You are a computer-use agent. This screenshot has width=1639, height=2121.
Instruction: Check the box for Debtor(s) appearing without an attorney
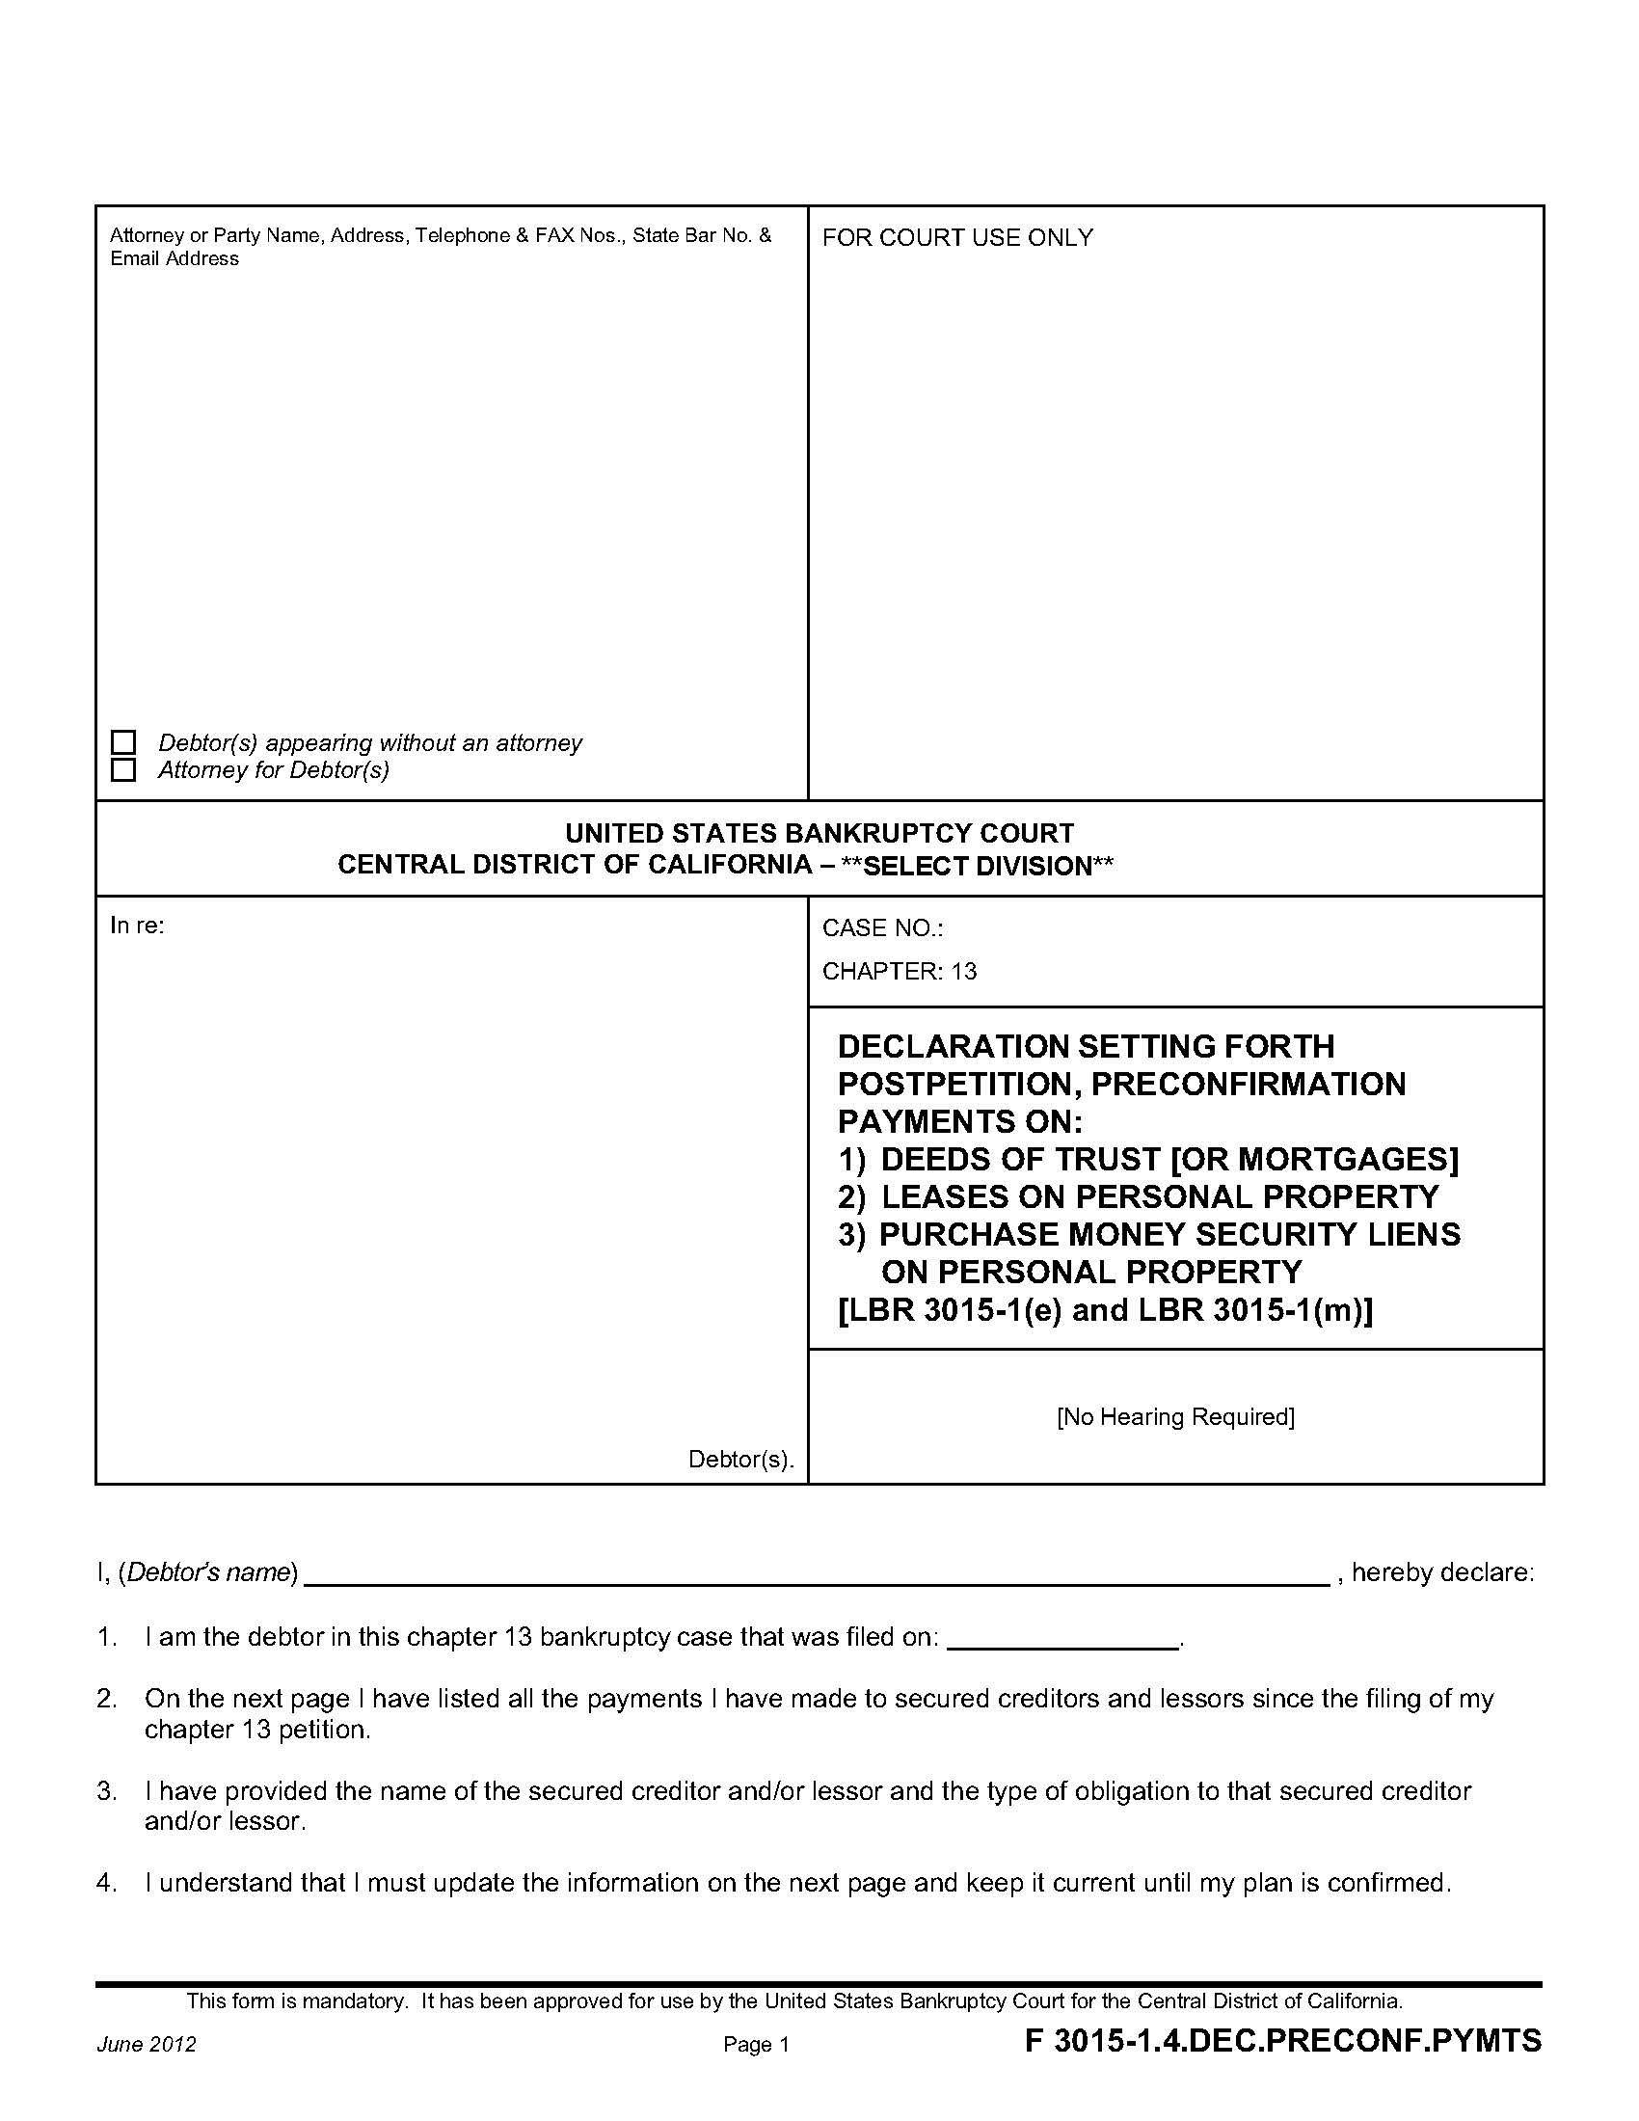pyautogui.click(x=123, y=743)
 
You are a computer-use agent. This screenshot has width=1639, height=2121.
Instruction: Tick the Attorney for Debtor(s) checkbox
pyautogui.click(x=123, y=770)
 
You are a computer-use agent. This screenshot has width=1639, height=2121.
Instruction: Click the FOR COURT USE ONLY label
pyautogui.click(x=957, y=238)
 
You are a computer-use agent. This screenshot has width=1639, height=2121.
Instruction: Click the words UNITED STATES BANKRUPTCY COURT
pyautogui.click(x=819, y=833)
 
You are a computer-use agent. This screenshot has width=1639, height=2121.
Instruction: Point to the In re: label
pyautogui.click(x=137, y=926)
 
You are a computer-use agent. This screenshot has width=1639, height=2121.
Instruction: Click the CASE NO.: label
pyautogui.click(x=882, y=928)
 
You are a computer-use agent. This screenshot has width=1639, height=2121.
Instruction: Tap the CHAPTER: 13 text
pyautogui.click(x=900, y=971)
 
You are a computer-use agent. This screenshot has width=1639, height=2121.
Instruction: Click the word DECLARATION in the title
pyautogui.click(x=953, y=1047)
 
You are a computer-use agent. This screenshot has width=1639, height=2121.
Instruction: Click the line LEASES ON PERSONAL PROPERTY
pyautogui.click(x=1159, y=1196)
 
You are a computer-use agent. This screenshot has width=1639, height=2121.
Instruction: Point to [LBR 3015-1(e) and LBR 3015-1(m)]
pyautogui.click(x=1105, y=1310)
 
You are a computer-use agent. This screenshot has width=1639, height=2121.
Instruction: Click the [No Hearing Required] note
pyautogui.click(x=1175, y=1417)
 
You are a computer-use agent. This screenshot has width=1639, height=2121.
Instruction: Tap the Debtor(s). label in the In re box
pyautogui.click(x=740, y=1460)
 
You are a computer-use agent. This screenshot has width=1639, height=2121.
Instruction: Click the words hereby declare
pyautogui.click(x=1442, y=1572)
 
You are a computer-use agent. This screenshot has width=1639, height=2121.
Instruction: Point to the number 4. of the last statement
pyautogui.click(x=107, y=1883)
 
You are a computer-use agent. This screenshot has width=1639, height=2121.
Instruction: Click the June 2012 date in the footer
pyautogui.click(x=147, y=2045)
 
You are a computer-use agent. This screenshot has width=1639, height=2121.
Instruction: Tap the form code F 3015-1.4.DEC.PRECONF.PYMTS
pyautogui.click(x=1282, y=2041)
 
